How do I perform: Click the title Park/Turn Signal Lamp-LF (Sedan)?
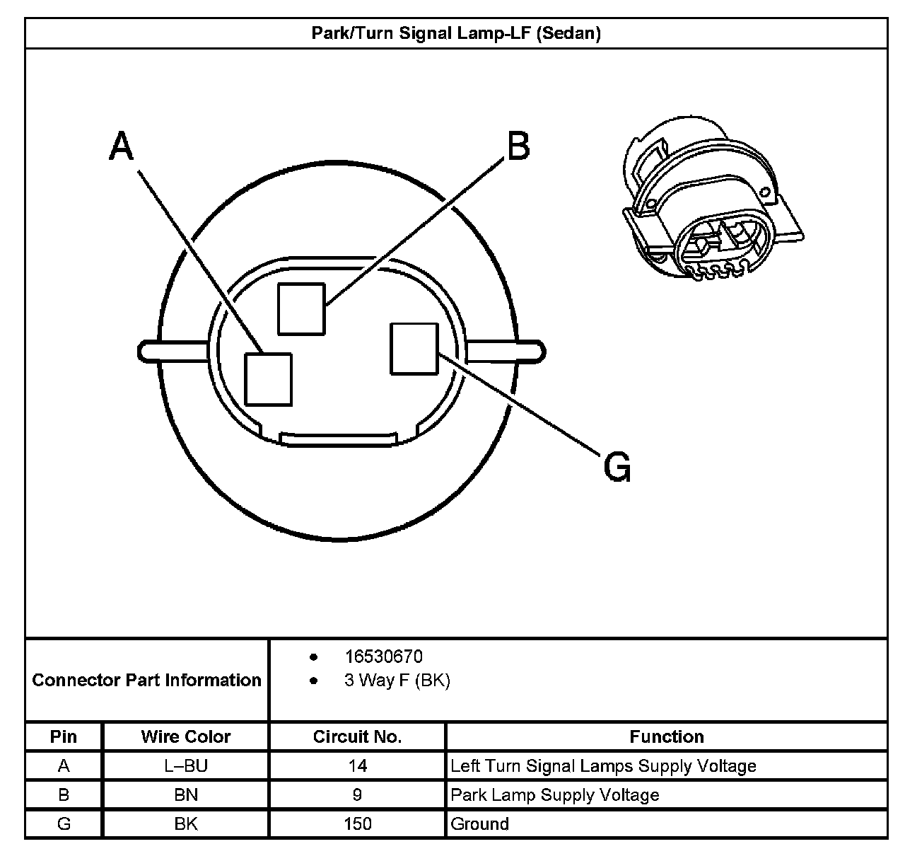(x=456, y=33)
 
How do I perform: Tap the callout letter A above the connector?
(x=122, y=146)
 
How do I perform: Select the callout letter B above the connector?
(x=518, y=146)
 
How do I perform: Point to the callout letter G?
(x=617, y=467)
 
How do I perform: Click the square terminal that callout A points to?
(x=269, y=379)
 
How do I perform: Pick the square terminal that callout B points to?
(x=301, y=308)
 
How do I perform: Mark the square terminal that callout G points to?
(x=414, y=348)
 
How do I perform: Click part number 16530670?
(x=383, y=657)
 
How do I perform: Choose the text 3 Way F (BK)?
(x=397, y=681)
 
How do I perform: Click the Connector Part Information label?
(x=147, y=681)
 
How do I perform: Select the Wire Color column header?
(x=186, y=736)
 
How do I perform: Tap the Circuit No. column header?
(x=357, y=736)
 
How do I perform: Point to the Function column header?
(x=667, y=736)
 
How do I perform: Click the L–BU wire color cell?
(x=186, y=765)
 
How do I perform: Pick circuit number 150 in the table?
(x=357, y=824)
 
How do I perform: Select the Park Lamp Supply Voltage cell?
(x=555, y=795)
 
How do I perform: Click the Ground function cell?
(x=480, y=824)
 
